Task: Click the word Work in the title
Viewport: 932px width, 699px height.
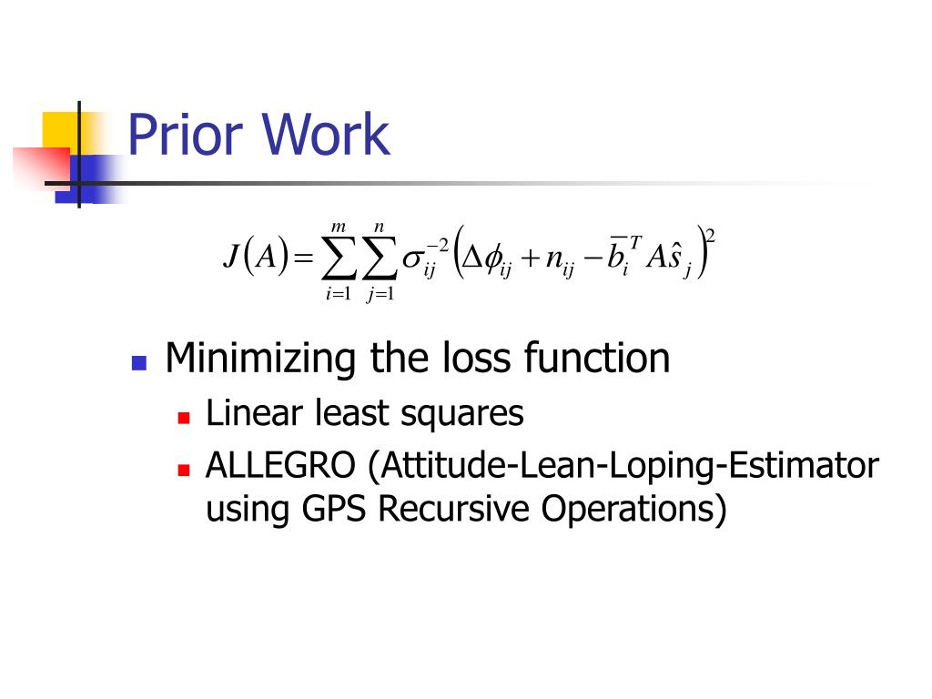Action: click(x=326, y=135)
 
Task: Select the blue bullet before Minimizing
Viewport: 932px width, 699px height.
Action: click(x=139, y=362)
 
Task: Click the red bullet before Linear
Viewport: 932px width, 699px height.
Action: click(x=184, y=417)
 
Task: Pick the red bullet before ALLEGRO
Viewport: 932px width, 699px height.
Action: click(x=184, y=471)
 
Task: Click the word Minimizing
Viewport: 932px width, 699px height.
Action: click(x=259, y=359)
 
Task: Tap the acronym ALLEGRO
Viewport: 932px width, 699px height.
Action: click(x=280, y=465)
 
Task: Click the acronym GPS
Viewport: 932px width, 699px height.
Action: click(x=333, y=509)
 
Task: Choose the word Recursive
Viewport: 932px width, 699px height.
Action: click(x=453, y=509)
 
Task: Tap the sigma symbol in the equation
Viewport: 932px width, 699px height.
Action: click(x=412, y=258)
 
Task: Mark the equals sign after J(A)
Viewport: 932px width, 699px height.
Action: click(x=303, y=258)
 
